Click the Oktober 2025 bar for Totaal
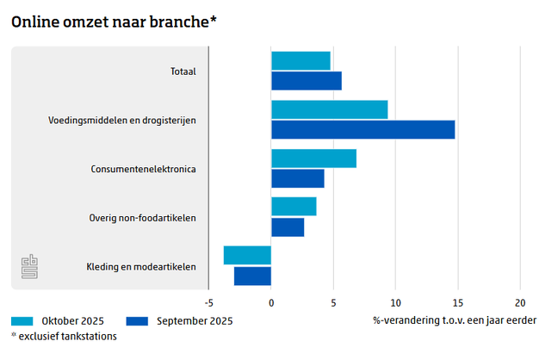pyautogui.click(x=300, y=60)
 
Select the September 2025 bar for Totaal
pyautogui.click(x=306, y=81)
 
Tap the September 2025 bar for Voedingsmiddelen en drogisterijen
pyautogui.click(x=362, y=130)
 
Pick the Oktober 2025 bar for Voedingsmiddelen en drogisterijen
pyautogui.click(x=329, y=109)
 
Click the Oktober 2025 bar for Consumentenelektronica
pyautogui.click(x=313, y=158)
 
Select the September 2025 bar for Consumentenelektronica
pyautogui.click(x=297, y=178)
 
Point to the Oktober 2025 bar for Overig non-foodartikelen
pyautogui.click(x=294, y=207)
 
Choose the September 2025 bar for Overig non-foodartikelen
pyautogui.click(x=288, y=227)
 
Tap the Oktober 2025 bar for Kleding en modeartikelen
pyautogui.click(x=247, y=256)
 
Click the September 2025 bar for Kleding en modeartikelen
pyautogui.click(x=252, y=276)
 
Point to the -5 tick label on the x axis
pyautogui.click(x=208, y=302)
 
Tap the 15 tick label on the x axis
pyautogui.click(x=457, y=302)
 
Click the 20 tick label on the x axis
pyautogui.click(x=519, y=302)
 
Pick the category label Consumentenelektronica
pyautogui.click(x=143, y=169)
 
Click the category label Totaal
pyautogui.click(x=182, y=71)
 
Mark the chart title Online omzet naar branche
pyautogui.click(x=113, y=22)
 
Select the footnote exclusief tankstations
pyautogui.click(x=64, y=336)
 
